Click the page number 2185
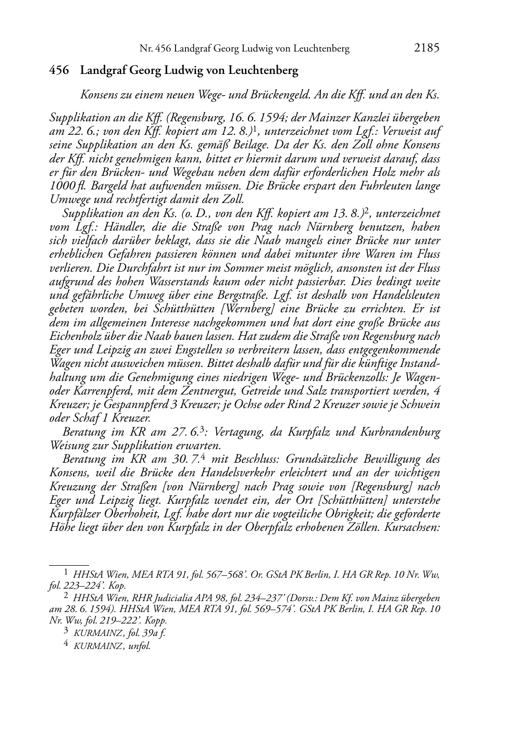point(427,48)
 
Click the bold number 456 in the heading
point(59,71)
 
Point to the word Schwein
point(421,404)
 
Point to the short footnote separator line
point(68,564)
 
